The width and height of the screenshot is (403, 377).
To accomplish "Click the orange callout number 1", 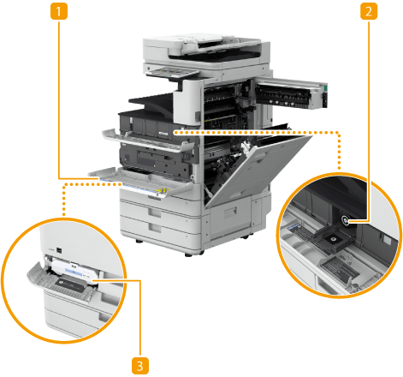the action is (59, 11).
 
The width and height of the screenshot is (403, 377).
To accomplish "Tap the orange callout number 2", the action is (369, 11).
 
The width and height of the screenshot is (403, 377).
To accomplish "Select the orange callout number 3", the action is (140, 366).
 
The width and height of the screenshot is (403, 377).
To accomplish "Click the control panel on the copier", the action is (172, 73).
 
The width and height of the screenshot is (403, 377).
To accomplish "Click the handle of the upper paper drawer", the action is (154, 212).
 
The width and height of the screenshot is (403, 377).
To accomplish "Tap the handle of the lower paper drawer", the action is (154, 228).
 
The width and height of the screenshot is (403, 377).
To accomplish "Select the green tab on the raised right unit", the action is (326, 87).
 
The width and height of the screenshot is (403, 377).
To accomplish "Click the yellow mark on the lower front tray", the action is (163, 190).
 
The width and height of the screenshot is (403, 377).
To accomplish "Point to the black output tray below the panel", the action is (151, 104).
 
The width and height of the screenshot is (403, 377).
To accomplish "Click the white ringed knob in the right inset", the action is (346, 220).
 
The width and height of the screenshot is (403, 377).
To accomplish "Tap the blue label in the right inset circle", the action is (293, 227).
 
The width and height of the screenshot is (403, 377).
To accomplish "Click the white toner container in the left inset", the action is (74, 271).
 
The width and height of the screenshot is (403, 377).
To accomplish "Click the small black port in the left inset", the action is (59, 250).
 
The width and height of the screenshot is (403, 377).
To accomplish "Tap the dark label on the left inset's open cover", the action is (70, 285).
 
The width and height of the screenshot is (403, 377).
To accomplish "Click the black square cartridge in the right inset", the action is (334, 239).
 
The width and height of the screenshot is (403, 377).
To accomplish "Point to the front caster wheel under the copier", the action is (190, 254).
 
